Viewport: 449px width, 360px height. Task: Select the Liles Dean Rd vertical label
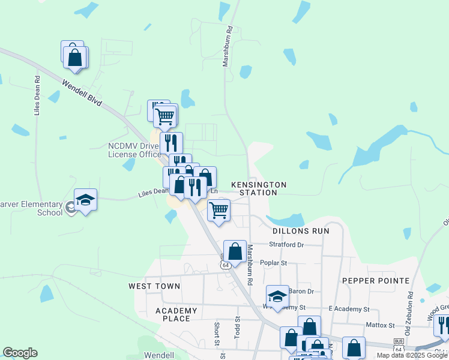pyautogui.click(x=37, y=95)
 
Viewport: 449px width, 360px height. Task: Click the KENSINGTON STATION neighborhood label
pyautogui.click(x=258, y=188)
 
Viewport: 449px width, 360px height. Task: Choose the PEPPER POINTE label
pyautogui.click(x=376, y=280)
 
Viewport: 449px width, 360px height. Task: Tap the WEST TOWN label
pyautogui.click(x=154, y=286)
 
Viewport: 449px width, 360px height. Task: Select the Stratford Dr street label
pyautogui.click(x=286, y=245)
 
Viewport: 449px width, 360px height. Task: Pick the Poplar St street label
pyautogui.click(x=274, y=262)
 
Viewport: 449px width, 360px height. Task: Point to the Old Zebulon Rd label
pyautogui.click(x=410, y=310)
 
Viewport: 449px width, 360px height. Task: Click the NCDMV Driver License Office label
pyautogui.click(x=134, y=150)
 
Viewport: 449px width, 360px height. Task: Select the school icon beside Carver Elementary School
pyautogui.click(x=85, y=200)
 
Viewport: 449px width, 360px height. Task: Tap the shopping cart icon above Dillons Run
pyautogui.click(x=218, y=210)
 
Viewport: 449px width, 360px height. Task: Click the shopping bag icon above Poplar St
pyautogui.click(x=235, y=251)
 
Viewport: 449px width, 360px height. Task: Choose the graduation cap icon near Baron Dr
pyautogui.click(x=277, y=296)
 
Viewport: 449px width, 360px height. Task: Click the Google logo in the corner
pyautogui.click(x=20, y=352)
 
